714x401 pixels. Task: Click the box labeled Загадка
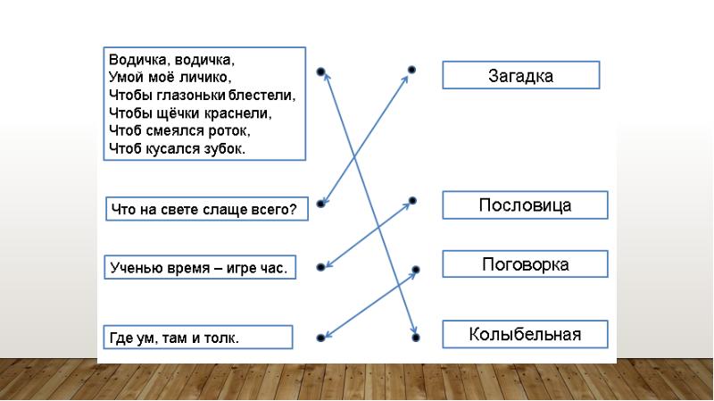pyautogui.click(x=520, y=76)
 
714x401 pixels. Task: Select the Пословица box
pyautogui.click(x=525, y=205)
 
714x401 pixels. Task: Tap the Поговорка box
pyautogui.click(x=525, y=264)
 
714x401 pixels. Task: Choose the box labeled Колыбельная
pyautogui.click(x=525, y=335)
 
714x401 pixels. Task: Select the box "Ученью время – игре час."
pyautogui.click(x=199, y=267)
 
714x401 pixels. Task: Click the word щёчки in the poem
pyautogui.click(x=181, y=113)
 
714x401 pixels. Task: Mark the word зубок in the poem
pyautogui.click(x=223, y=148)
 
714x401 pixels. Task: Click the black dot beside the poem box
pyautogui.click(x=320, y=72)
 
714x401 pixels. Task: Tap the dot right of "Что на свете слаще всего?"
pyautogui.click(x=320, y=205)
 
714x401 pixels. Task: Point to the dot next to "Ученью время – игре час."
pyautogui.click(x=320, y=265)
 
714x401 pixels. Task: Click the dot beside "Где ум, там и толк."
pyautogui.click(x=320, y=338)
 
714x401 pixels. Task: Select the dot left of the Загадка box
pyautogui.click(x=411, y=69)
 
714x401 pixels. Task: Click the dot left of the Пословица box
pyautogui.click(x=412, y=201)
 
